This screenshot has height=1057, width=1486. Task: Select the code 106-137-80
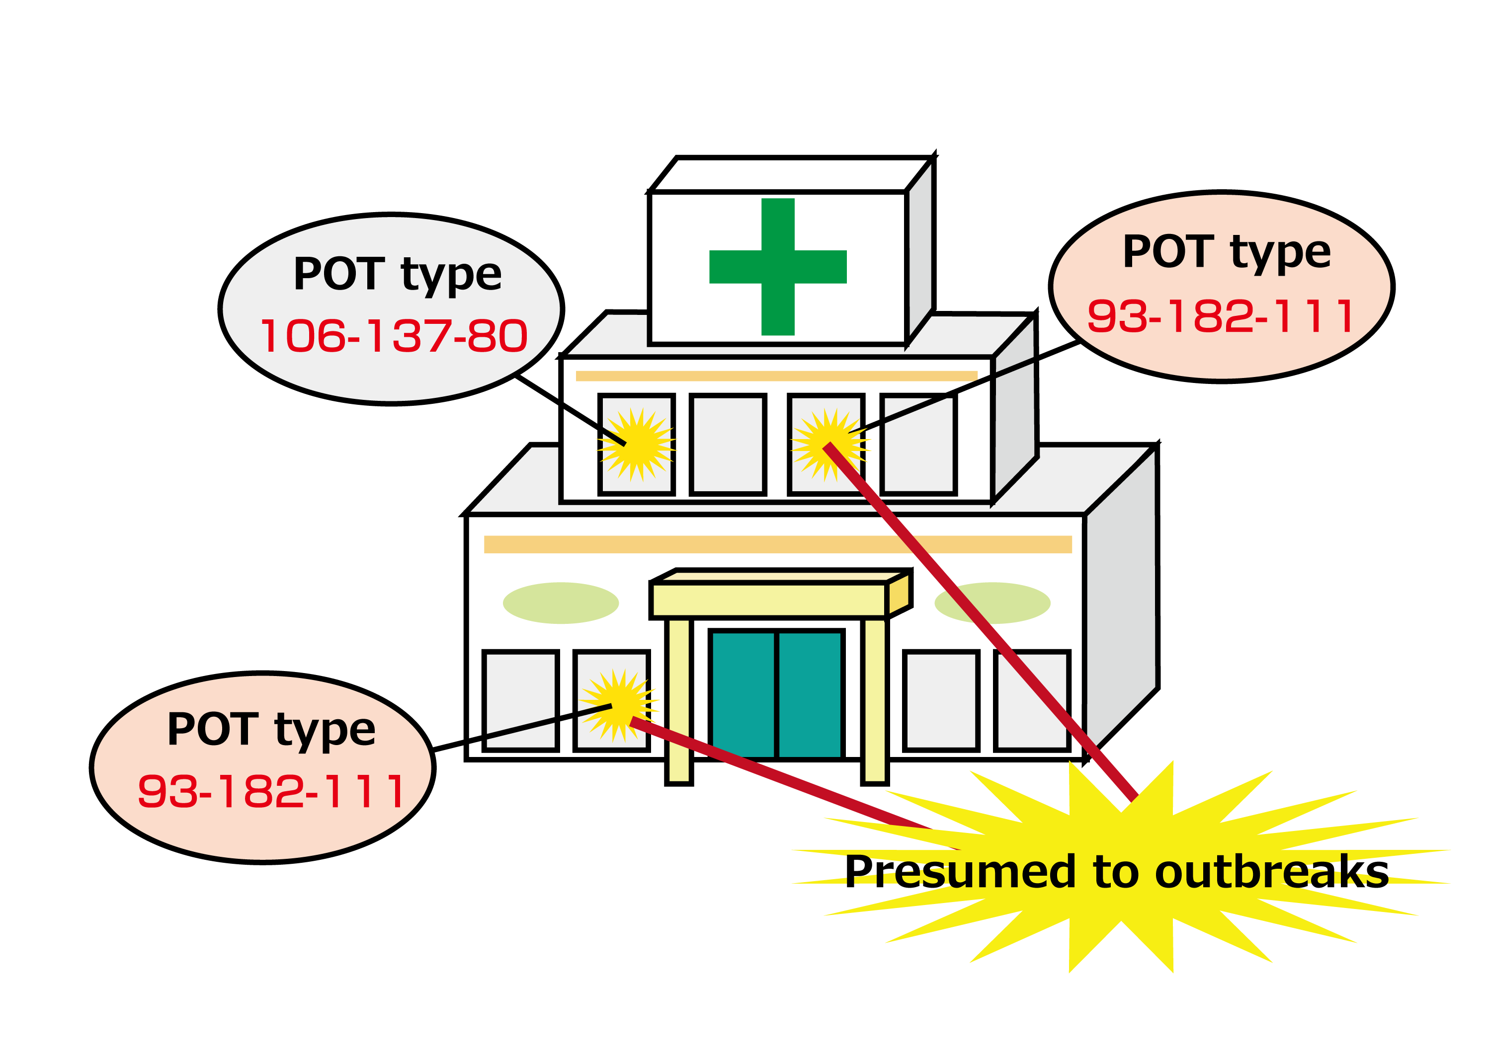click(x=393, y=336)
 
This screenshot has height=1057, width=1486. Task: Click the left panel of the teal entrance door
click(x=743, y=694)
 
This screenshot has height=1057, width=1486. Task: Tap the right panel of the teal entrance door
click(x=810, y=694)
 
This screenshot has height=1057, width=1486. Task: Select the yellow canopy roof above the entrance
click(x=769, y=600)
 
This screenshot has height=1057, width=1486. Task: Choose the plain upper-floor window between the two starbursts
click(x=728, y=445)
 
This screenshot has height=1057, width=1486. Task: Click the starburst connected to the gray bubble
click(x=637, y=445)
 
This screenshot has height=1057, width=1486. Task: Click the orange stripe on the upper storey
click(x=776, y=376)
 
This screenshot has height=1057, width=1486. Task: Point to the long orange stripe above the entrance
click(x=777, y=544)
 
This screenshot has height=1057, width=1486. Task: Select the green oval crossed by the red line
click(x=992, y=603)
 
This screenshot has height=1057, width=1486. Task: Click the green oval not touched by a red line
click(x=560, y=603)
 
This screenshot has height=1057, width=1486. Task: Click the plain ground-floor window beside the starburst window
click(x=520, y=701)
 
